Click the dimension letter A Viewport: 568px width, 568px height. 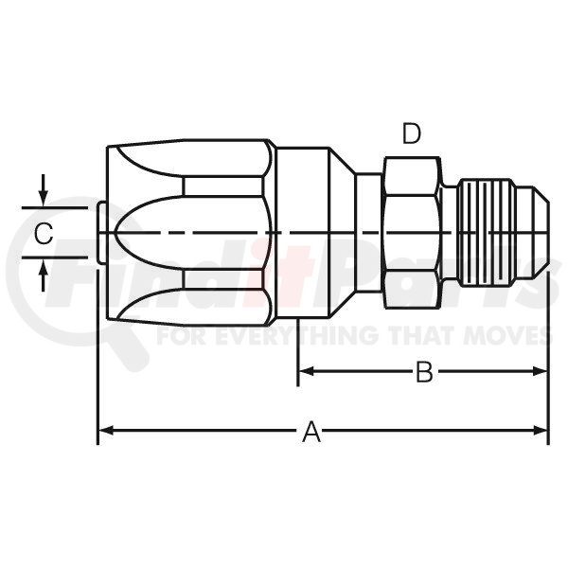click(x=311, y=432)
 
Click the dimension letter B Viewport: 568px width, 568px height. click(x=424, y=372)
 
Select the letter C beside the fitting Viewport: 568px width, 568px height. click(x=44, y=233)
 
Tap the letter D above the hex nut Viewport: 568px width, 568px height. click(x=412, y=133)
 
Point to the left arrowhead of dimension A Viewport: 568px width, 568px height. click(x=106, y=431)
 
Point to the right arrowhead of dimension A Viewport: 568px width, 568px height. click(x=540, y=431)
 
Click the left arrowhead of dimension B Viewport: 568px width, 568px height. click(x=306, y=371)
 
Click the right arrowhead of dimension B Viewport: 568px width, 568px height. click(x=540, y=371)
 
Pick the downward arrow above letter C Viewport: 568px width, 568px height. click(x=44, y=190)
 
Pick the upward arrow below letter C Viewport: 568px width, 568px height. click(x=44, y=276)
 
